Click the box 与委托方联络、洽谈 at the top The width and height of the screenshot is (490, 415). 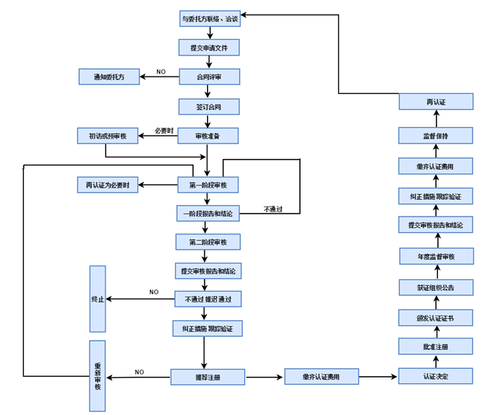210,19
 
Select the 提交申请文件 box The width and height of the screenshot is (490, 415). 209,48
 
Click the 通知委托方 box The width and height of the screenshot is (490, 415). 108,77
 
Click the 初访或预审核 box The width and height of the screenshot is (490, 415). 108,136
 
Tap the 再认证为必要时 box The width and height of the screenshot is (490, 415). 108,185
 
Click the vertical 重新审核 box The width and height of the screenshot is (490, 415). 98,375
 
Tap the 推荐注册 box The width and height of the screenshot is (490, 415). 208,377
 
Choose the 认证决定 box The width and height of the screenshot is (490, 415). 436,376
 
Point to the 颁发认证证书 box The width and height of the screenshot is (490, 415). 436,318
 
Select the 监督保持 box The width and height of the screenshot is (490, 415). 436,136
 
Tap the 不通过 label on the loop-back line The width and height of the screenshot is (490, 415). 272,209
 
